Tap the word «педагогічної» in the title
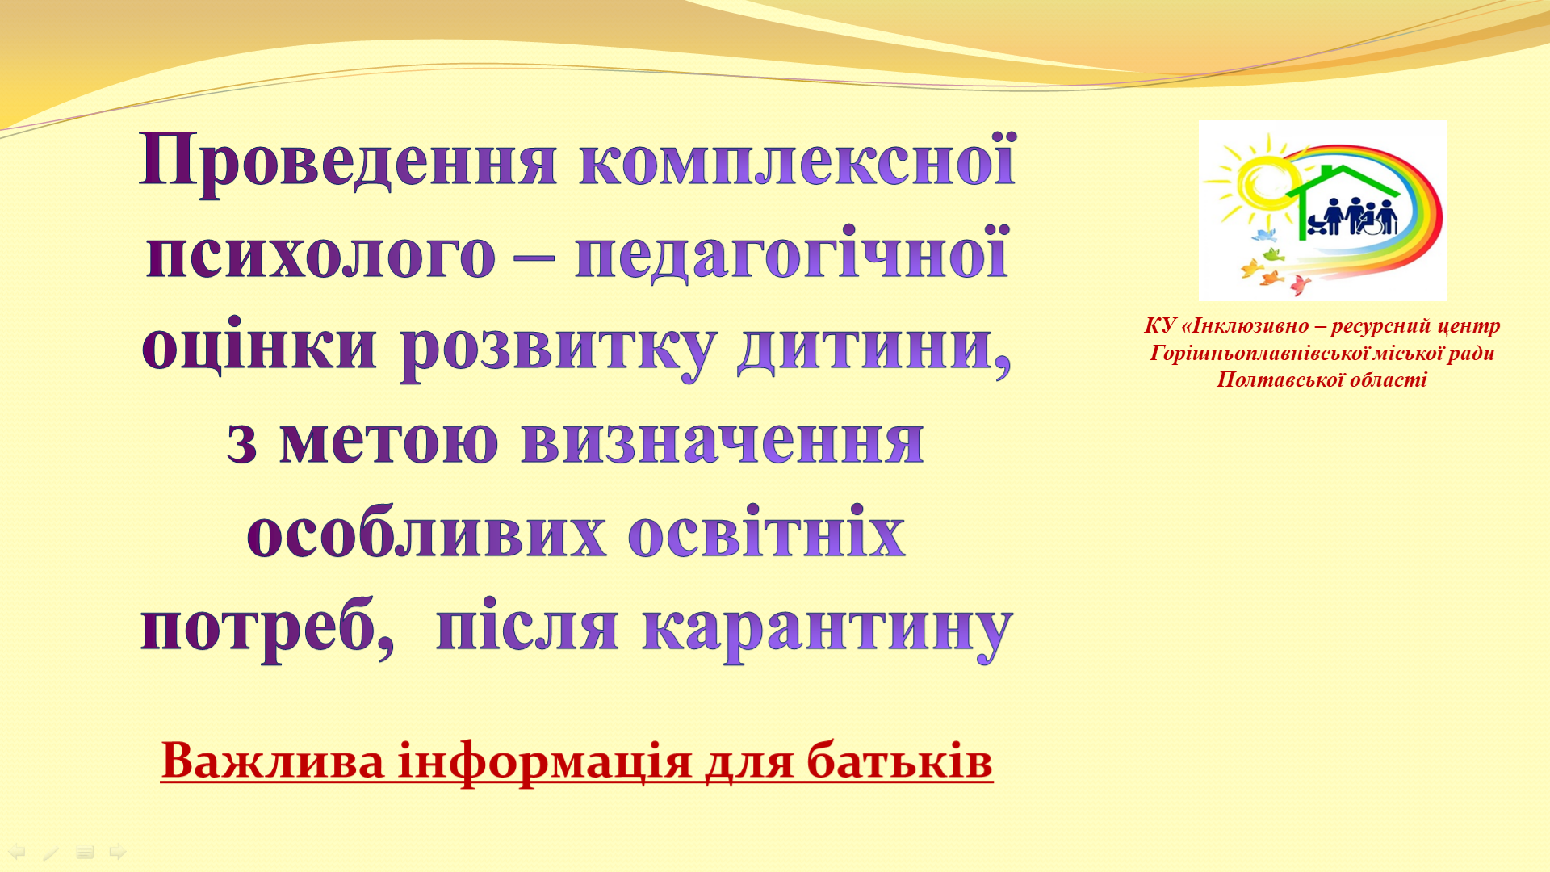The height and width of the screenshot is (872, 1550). (792, 253)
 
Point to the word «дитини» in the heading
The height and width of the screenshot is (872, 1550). (874, 346)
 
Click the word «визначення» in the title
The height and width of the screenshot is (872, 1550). (723, 439)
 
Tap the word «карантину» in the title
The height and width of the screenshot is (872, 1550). (827, 627)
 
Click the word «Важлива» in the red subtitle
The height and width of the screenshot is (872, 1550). (273, 761)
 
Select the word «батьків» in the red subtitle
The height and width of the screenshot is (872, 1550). (899, 761)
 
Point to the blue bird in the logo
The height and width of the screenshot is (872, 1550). (1263, 236)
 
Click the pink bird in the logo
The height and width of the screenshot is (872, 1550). (1300, 284)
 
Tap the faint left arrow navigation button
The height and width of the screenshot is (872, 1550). (17, 852)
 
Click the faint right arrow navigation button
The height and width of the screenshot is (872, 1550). (118, 852)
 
